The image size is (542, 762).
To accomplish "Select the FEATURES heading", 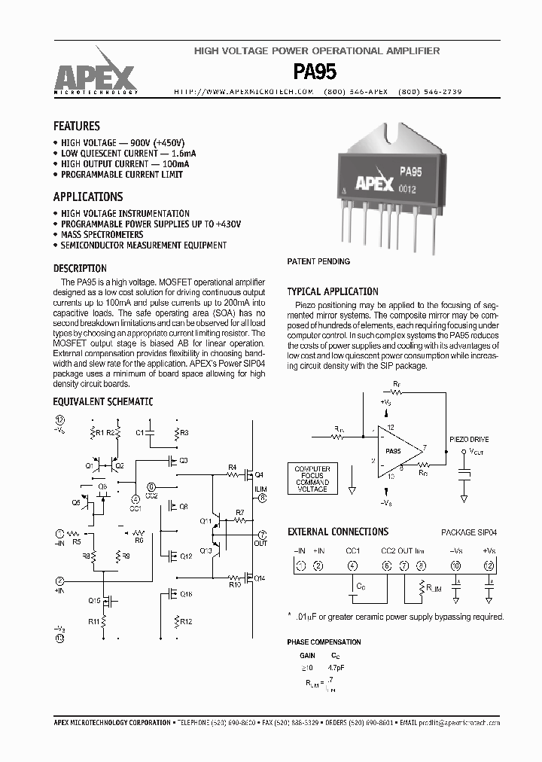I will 76,126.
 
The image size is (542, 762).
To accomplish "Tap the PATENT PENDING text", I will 318,262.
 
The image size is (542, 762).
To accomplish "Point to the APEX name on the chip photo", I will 374,184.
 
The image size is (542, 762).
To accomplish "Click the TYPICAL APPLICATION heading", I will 333,291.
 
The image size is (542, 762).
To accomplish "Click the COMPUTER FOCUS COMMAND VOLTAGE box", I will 312,479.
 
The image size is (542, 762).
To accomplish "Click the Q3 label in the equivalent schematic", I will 184,460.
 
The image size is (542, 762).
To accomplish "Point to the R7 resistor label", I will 239,513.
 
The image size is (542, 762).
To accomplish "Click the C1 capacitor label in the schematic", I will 140,433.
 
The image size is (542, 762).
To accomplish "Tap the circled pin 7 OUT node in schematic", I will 262,533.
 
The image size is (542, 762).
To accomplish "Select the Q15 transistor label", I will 94,600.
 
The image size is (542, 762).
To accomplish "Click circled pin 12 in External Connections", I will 490,565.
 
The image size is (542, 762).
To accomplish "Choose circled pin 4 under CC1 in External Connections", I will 352,565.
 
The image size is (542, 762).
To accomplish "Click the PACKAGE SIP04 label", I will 468,532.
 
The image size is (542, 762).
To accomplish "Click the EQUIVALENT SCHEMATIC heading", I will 102,402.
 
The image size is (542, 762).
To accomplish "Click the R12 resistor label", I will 186,621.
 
